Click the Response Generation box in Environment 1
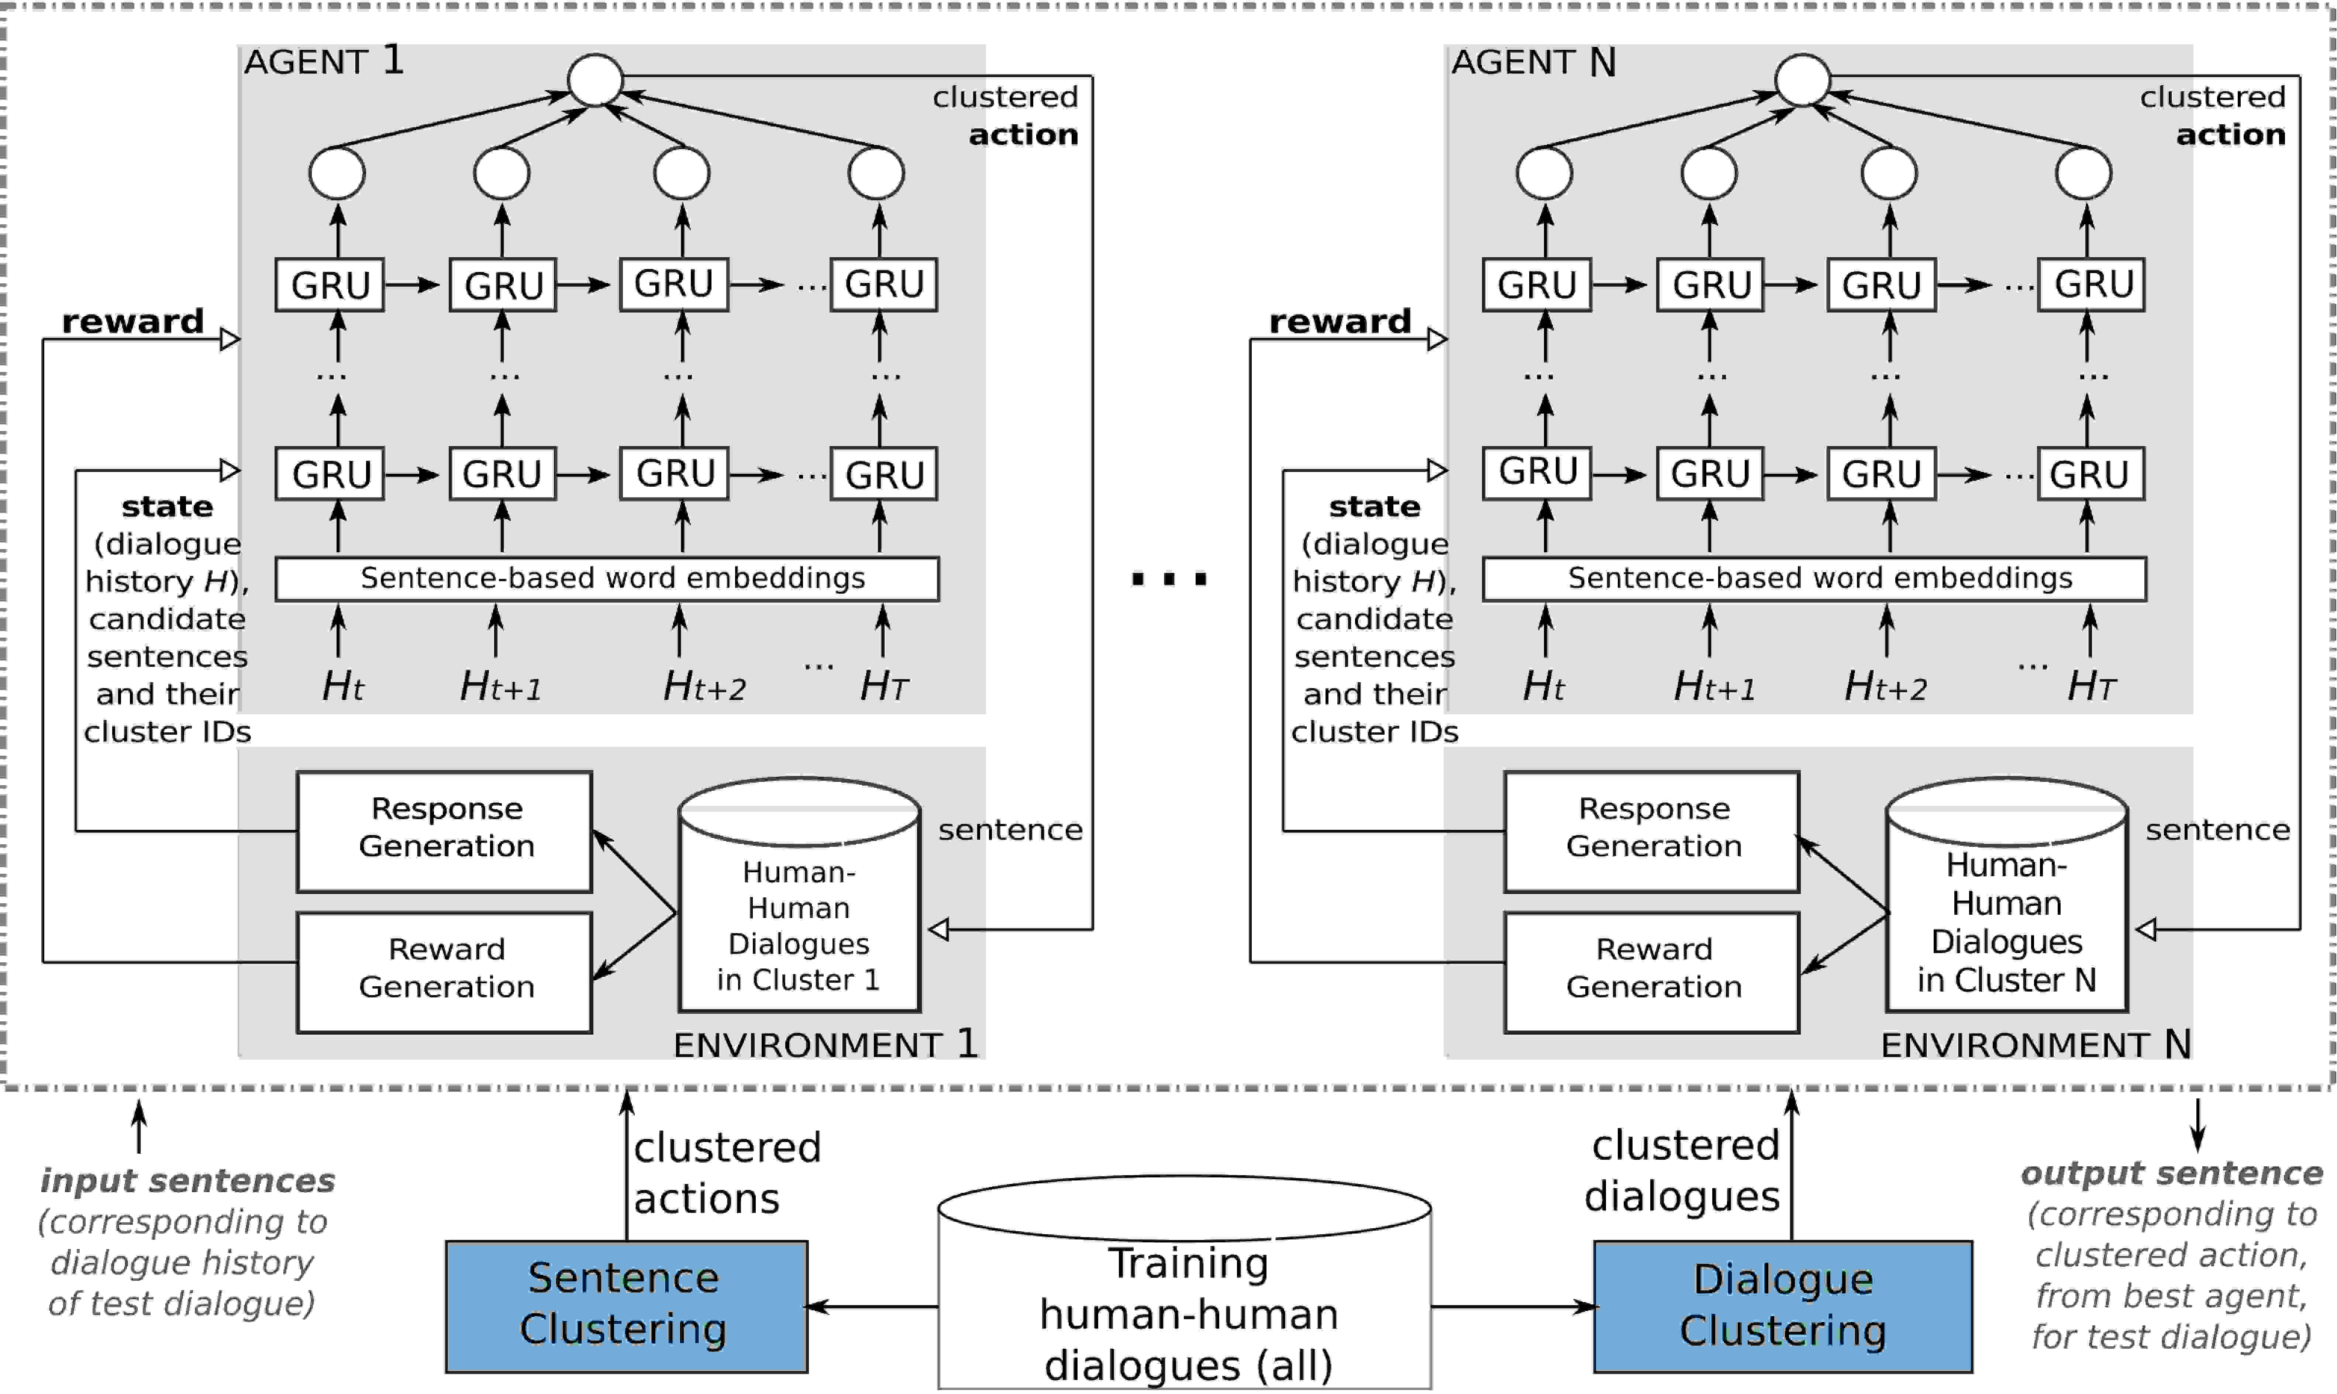(444, 831)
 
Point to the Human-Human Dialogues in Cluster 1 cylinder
(799, 894)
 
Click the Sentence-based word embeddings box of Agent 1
(607, 579)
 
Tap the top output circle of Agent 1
(596, 80)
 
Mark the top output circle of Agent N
(1803, 80)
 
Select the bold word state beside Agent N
(1375, 506)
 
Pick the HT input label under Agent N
(2091, 686)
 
